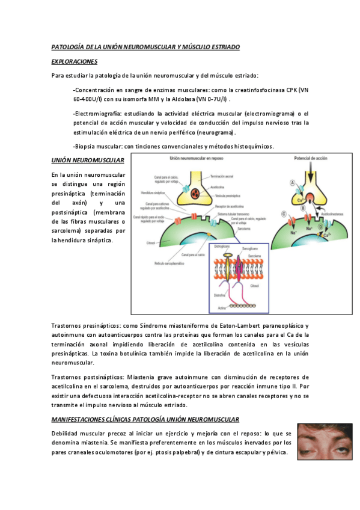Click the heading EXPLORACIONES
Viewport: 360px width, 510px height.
pyautogui.click(x=75, y=61)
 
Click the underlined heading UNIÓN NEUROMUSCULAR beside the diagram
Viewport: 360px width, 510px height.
pyautogui.click(x=88, y=160)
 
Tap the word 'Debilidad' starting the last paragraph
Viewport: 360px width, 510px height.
pyautogui.click(x=67, y=434)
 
